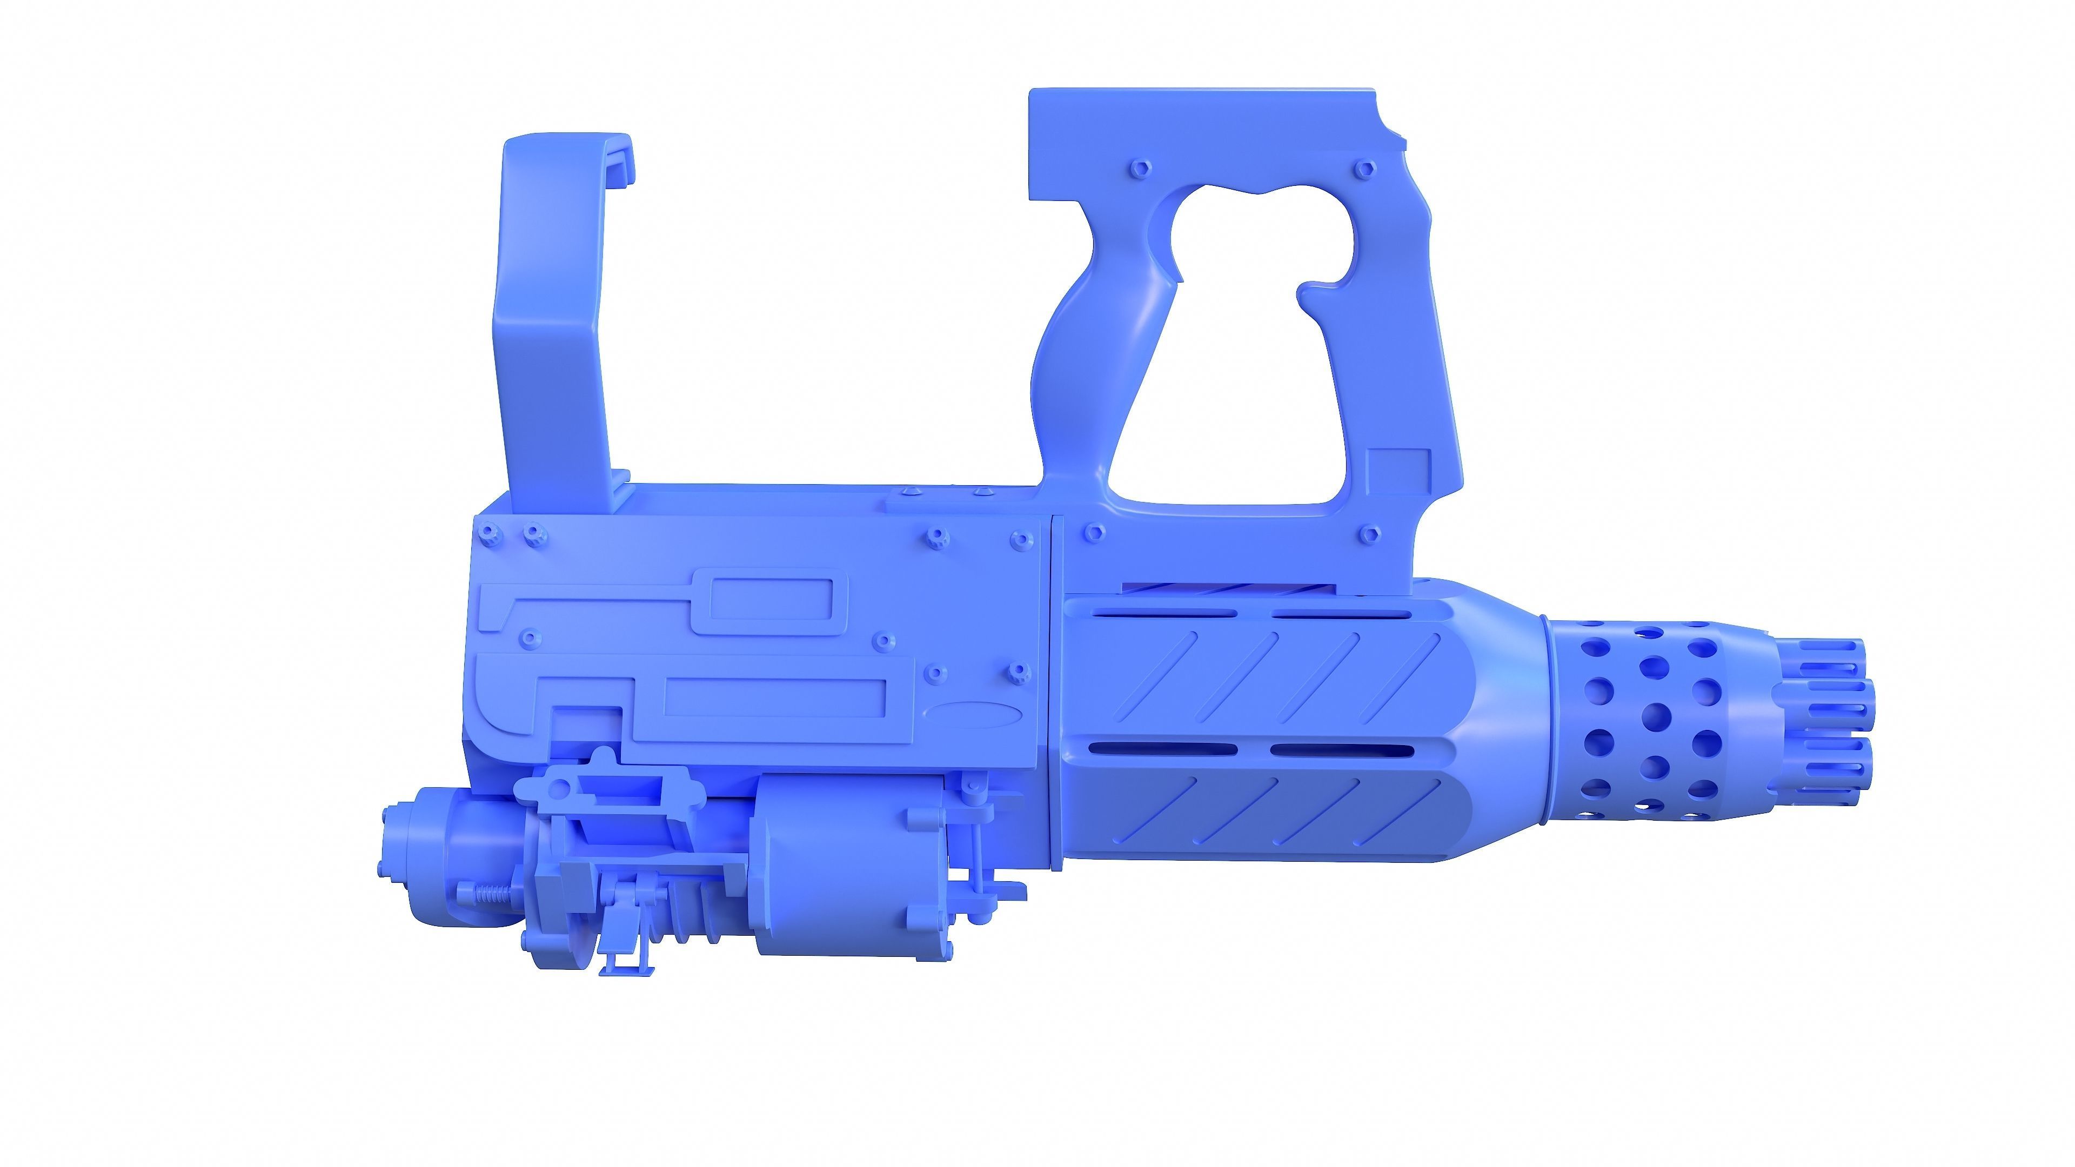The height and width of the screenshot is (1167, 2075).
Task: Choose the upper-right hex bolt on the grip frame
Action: click(x=1363, y=169)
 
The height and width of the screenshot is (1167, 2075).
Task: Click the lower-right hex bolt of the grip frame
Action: click(x=1369, y=533)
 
